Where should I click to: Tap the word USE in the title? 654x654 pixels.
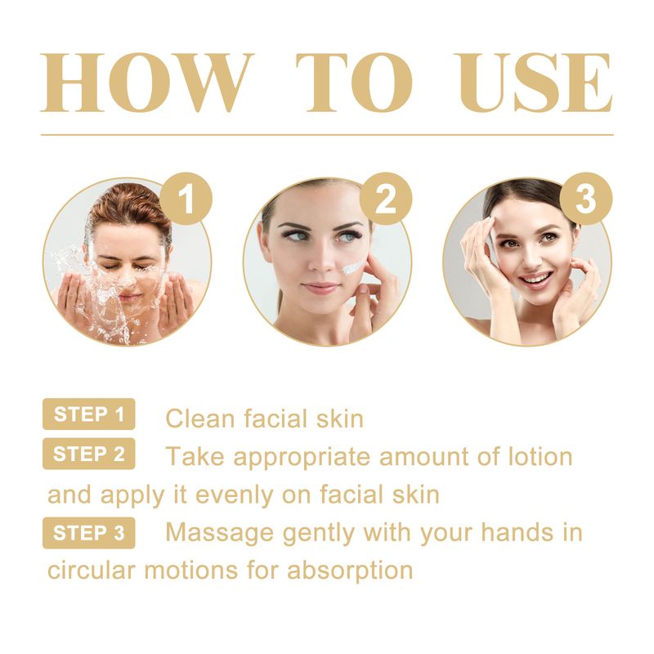pyautogui.click(x=534, y=83)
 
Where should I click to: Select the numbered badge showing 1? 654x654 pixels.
pyautogui.click(x=186, y=199)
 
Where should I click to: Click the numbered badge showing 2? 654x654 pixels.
pyautogui.click(x=386, y=199)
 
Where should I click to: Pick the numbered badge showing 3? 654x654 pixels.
pyautogui.click(x=585, y=199)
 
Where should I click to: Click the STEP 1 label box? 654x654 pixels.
pyautogui.click(x=89, y=414)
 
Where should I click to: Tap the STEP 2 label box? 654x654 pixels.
pyautogui.click(x=89, y=454)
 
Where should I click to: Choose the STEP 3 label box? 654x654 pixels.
pyautogui.click(x=89, y=533)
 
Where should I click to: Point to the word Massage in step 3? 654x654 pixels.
pyautogui.click(x=220, y=534)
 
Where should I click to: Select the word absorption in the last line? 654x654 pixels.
pyautogui.click(x=350, y=571)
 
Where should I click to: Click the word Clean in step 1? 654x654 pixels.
pyautogui.click(x=200, y=419)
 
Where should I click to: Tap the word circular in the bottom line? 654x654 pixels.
pyautogui.click(x=92, y=570)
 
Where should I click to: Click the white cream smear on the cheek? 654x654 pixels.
pyautogui.click(x=353, y=267)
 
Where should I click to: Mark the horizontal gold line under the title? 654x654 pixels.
pyautogui.click(x=327, y=135)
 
